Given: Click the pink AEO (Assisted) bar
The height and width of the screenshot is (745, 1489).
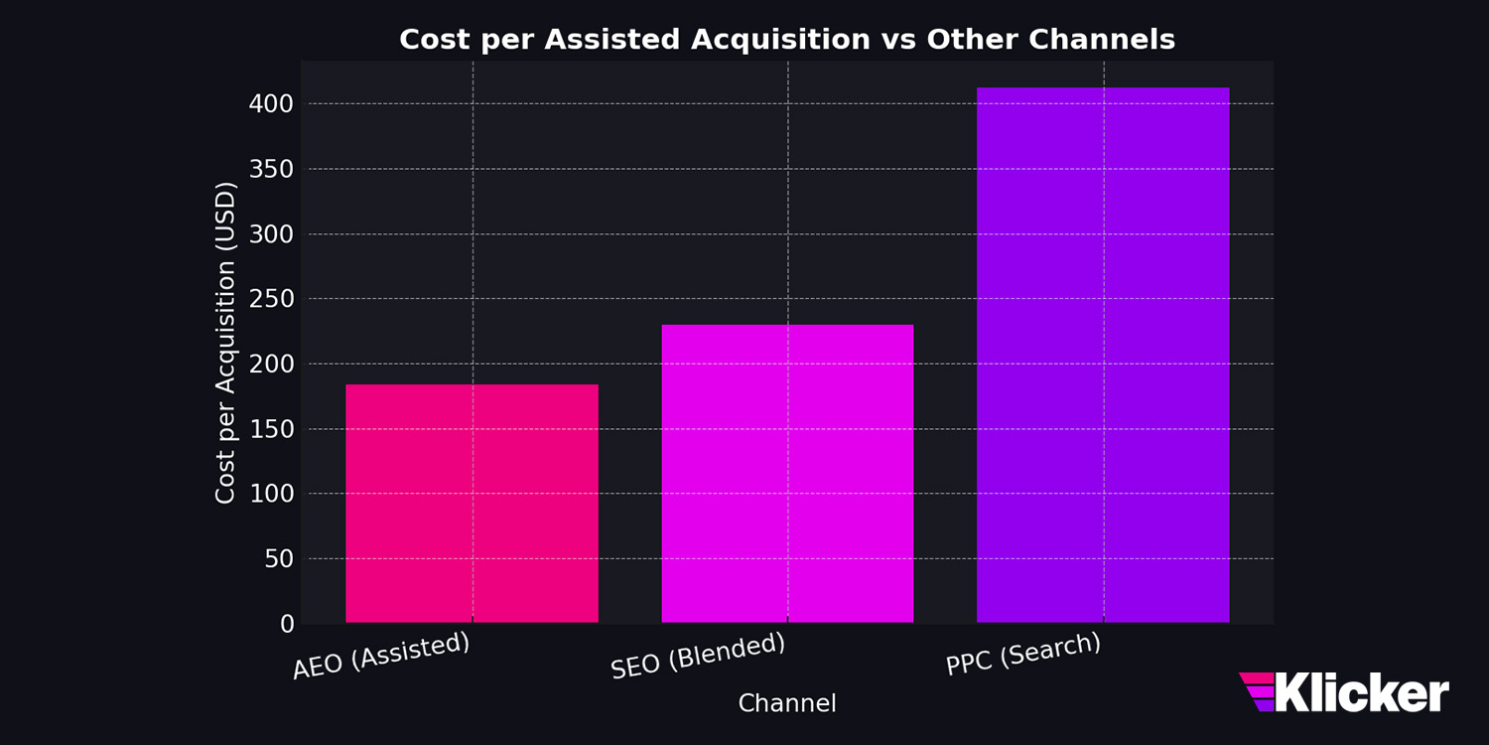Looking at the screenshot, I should (472, 504).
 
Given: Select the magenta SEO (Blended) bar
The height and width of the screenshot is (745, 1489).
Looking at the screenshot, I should (787, 474).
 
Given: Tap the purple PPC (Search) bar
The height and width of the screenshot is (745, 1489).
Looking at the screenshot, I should (1103, 355).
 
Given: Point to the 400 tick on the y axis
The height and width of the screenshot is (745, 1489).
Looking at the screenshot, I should (272, 104).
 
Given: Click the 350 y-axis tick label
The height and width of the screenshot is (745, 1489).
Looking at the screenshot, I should (272, 169).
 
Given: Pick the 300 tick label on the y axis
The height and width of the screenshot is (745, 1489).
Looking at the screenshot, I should (272, 234).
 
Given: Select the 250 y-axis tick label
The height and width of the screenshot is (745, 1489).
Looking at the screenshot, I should (272, 299).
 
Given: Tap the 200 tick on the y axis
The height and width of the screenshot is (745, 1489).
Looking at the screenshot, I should (272, 365).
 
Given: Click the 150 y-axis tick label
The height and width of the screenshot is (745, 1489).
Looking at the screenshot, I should (272, 429).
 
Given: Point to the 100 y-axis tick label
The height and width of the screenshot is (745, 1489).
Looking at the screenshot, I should (272, 495).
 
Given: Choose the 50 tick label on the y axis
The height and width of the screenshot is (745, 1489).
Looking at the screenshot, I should (278, 559).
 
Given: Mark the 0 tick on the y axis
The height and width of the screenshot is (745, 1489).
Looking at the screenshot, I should (288, 624).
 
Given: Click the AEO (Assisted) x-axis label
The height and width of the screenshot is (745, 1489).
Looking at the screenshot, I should (381, 656).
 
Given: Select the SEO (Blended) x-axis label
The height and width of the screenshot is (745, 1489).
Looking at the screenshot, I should (698, 656).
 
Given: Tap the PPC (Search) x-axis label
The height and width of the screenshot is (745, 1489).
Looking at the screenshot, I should (1023, 654).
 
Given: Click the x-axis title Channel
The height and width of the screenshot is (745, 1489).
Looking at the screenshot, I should (787, 703).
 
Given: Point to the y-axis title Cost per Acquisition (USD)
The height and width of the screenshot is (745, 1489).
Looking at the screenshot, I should (226, 343).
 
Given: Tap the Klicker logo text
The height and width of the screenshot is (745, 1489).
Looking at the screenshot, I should (1361, 692).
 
